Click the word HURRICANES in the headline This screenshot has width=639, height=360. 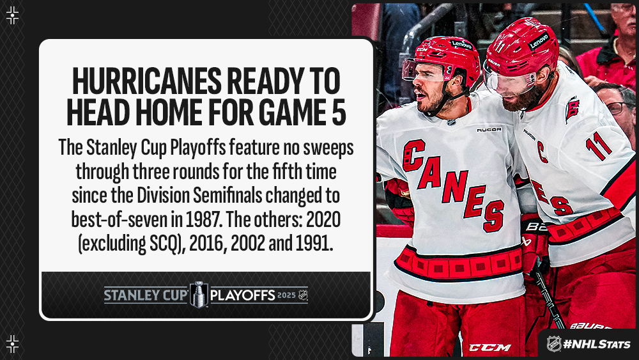point(147,82)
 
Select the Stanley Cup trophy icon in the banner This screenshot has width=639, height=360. point(199,294)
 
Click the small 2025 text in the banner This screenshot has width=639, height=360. point(286,295)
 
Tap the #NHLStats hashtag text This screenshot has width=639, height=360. point(597,344)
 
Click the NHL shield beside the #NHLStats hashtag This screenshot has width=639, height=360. point(553,343)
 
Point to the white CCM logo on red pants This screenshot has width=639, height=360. point(489,347)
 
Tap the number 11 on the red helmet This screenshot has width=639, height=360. point(500,47)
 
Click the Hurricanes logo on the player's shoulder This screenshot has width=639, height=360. point(572,109)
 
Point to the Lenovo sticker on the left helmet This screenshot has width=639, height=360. point(461,44)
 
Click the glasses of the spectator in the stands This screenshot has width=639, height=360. point(619,107)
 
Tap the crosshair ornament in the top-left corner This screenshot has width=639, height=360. point(13,15)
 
